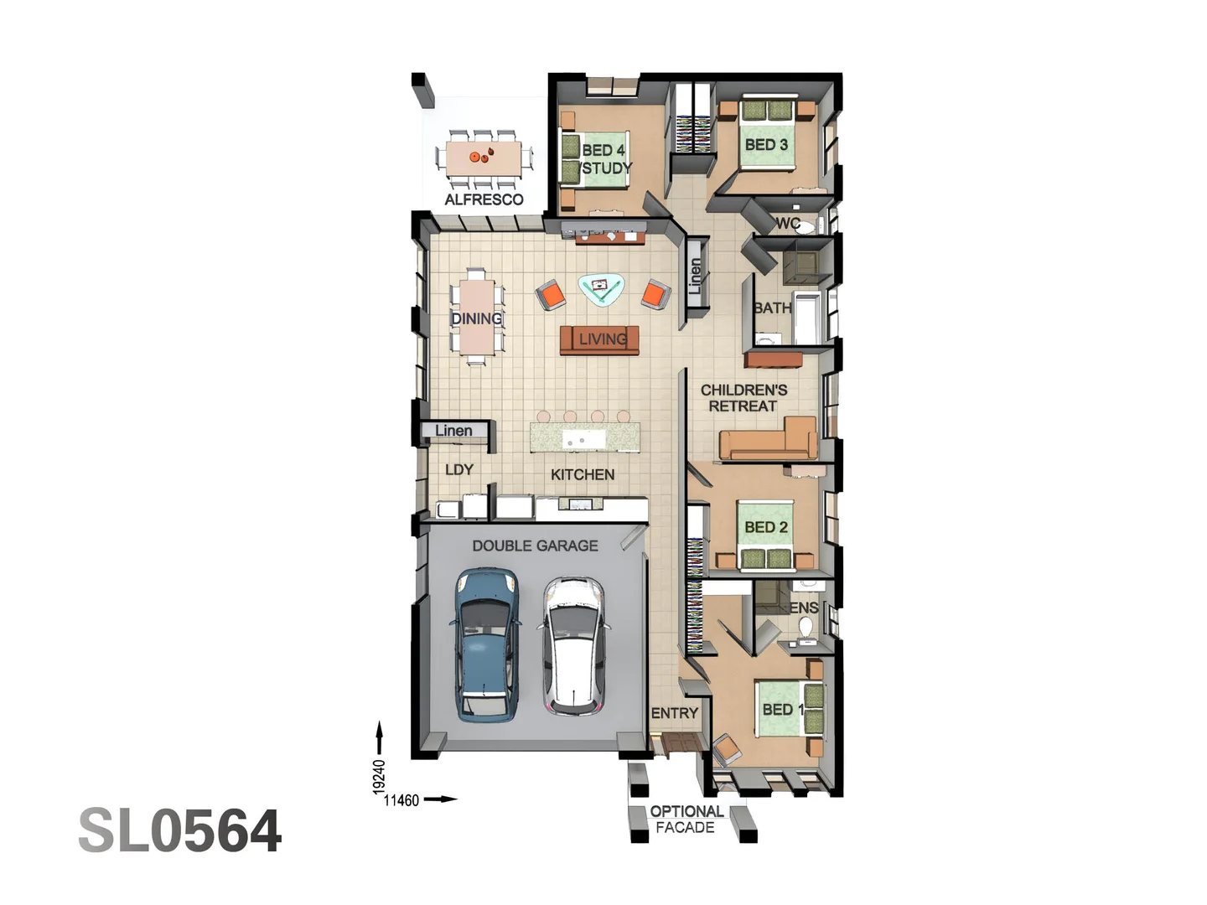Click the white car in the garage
(x=573, y=645)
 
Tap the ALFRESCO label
(x=484, y=199)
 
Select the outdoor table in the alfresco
(x=484, y=156)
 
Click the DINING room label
(x=476, y=318)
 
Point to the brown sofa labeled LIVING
(x=600, y=339)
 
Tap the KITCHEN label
(x=583, y=474)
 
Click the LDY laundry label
(x=458, y=470)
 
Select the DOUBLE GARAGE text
(x=535, y=546)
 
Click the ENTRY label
(x=674, y=713)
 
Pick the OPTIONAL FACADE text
(x=686, y=820)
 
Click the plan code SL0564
(x=179, y=831)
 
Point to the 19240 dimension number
(x=379, y=777)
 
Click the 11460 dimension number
(x=401, y=800)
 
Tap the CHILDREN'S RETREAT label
(x=743, y=398)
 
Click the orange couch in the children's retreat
(x=767, y=442)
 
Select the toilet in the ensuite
(x=806, y=627)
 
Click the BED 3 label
(x=766, y=145)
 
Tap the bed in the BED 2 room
(x=766, y=536)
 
